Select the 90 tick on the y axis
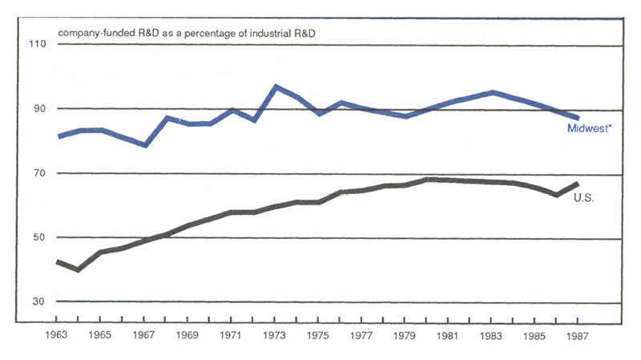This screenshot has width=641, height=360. (39, 109)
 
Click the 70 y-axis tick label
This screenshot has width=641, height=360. (39, 173)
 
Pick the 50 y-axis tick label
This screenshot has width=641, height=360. (39, 238)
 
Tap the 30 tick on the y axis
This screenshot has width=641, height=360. (39, 302)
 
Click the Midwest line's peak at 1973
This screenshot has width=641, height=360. (276, 86)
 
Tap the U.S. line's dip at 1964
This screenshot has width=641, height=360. (79, 269)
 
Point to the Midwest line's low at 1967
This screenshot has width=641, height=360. (145, 145)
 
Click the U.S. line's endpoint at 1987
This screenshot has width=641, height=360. (577, 184)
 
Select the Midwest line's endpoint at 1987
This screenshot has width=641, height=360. (577, 118)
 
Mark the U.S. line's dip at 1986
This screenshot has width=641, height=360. (555, 194)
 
